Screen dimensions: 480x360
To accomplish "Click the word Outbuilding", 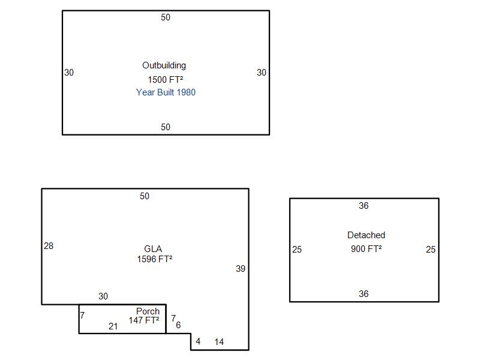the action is pyautogui.click(x=164, y=65).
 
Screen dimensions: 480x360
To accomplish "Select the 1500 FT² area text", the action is pyautogui.click(x=166, y=80).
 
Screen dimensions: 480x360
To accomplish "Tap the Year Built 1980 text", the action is pyautogui.click(x=166, y=92).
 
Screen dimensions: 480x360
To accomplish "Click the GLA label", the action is pyautogui.click(x=153, y=249).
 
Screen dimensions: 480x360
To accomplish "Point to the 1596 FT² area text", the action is pyautogui.click(x=155, y=259).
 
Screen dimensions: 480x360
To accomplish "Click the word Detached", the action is pyautogui.click(x=366, y=235).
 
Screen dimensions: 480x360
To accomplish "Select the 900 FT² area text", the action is pyautogui.click(x=366, y=248).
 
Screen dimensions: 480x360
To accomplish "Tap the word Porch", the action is pyautogui.click(x=148, y=311).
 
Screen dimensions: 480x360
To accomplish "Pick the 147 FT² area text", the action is pyautogui.click(x=144, y=320).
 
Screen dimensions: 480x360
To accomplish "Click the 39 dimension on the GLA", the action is pyautogui.click(x=241, y=269).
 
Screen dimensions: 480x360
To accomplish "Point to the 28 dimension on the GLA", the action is pyautogui.click(x=49, y=246).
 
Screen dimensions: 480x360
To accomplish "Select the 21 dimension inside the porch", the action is pyautogui.click(x=113, y=326).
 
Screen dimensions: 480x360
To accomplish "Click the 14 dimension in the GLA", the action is pyautogui.click(x=219, y=342).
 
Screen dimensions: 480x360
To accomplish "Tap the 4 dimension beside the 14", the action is pyautogui.click(x=198, y=341).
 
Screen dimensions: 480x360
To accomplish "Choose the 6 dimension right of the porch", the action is pyautogui.click(x=178, y=325).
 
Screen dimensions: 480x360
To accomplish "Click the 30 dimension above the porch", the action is pyautogui.click(x=103, y=296).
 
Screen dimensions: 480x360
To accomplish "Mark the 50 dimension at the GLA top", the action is pyautogui.click(x=145, y=196).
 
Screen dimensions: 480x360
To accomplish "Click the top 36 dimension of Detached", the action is pyautogui.click(x=364, y=206).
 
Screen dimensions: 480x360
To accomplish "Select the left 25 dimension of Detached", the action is pyautogui.click(x=297, y=250).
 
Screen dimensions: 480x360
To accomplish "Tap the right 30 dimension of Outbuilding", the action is pyautogui.click(x=262, y=73).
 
